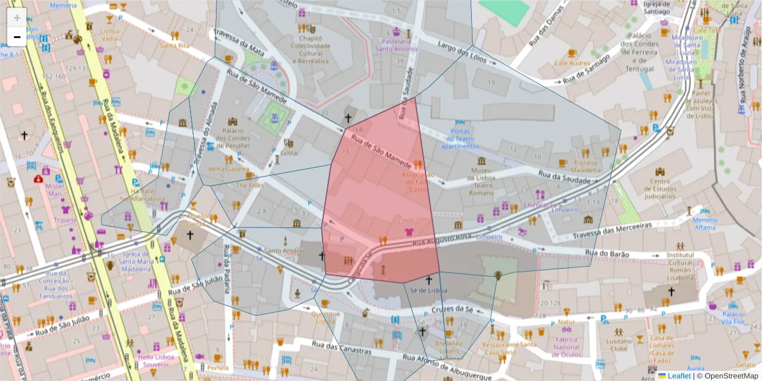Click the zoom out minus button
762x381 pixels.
pos(17,37)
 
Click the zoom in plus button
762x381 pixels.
pos(17,18)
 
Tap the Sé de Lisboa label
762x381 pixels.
pos(429,291)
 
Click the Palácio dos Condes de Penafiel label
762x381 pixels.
pos(232,138)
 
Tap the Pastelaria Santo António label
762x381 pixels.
pos(397,44)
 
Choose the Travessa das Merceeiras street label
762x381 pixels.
pos(617,229)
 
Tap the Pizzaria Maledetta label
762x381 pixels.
pos(585,166)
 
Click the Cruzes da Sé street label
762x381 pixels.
pos(453,309)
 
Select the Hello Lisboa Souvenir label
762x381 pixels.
pos(156,361)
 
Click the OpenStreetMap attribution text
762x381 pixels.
pos(727,376)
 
